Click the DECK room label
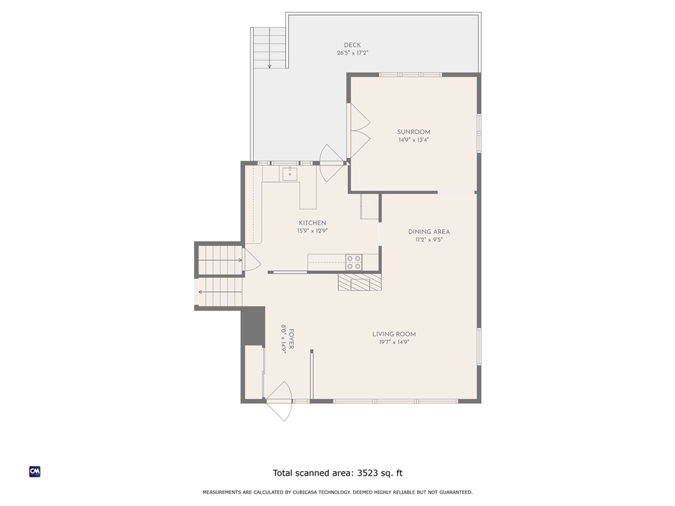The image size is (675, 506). (x=352, y=45)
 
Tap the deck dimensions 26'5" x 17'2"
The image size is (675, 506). (x=352, y=53)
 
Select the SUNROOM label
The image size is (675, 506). (x=413, y=132)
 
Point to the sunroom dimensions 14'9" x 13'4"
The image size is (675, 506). (x=413, y=140)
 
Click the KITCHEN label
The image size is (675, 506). (x=312, y=223)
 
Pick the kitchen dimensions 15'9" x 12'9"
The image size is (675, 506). (x=312, y=231)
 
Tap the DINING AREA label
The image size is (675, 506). (x=428, y=231)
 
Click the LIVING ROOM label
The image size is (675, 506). (x=394, y=334)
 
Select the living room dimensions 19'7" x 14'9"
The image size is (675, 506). (x=394, y=342)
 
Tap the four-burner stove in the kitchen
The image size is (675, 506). (x=354, y=262)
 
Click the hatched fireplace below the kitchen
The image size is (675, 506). (x=359, y=283)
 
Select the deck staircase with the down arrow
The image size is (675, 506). (x=268, y=47)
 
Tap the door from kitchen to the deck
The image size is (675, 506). (x=332, y=165)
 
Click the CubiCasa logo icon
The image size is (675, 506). (x=35, y=472)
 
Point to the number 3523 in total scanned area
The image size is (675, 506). (x=368, y=472)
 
